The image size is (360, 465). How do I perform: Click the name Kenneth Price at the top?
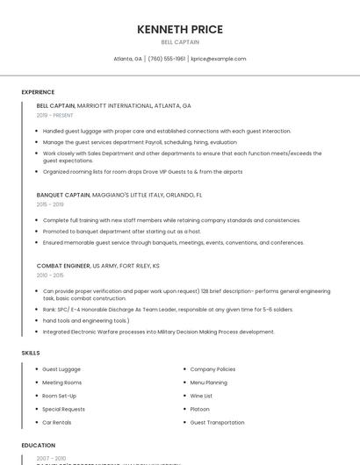coord(180,29)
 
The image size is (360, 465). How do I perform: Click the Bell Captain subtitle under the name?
coord(180,42)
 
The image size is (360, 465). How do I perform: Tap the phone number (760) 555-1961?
coord(167,59)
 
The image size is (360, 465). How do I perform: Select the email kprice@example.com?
coord(219,59)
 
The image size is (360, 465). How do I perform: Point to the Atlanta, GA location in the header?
coord(127,59)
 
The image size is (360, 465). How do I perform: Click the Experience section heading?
coord(38,92)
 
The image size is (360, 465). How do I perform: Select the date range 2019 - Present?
coord(54,115)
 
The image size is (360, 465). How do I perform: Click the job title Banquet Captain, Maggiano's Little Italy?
coord(119,195)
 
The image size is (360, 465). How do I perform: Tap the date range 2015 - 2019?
coord(50,204)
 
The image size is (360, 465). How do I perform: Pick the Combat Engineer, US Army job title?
coord(97,265)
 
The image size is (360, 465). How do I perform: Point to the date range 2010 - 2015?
coord(50,275)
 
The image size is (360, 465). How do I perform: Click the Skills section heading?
coord(31,353)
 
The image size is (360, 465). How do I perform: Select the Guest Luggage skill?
coord(61,369)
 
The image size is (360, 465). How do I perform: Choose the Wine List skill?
coord(202,396)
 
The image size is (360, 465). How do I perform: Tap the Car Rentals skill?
coord(57,422)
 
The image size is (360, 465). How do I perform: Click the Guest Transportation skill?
coord(217,422)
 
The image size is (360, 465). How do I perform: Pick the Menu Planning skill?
coord(208,383)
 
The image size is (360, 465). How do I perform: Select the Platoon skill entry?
coord(200,409)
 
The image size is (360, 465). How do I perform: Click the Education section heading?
coord(38,446)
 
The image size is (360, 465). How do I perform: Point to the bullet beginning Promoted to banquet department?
coord(121,231)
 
